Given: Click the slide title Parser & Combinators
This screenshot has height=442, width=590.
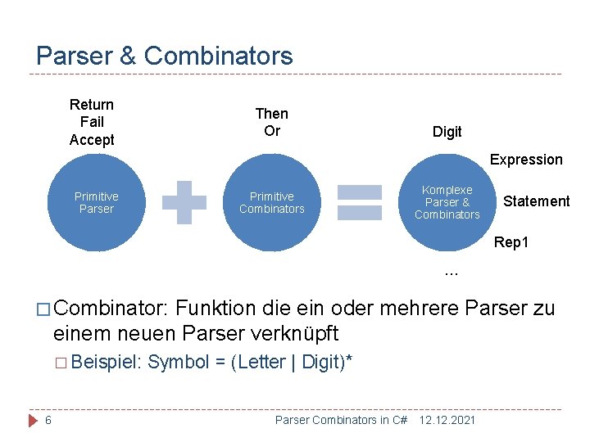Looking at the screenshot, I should point(165,56).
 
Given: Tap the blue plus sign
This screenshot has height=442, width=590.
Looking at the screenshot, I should point(184,202).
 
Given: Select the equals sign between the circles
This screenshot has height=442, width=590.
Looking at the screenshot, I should point(360,202).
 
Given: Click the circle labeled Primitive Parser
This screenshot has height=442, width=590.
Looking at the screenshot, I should point(96,202).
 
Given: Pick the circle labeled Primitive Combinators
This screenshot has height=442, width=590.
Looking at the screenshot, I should point(271,202).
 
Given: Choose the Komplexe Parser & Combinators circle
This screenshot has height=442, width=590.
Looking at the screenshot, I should point(447,202).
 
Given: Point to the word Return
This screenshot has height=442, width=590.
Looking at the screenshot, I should point(92,104).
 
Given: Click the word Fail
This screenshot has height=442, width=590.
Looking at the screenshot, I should point(92,122).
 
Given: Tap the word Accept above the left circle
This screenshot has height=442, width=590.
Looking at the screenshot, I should point(92,140).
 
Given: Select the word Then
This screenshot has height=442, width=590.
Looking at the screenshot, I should point(271,113).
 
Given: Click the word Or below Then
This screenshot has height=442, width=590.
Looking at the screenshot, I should point(271,131).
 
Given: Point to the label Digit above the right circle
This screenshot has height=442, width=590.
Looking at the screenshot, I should point(447,131).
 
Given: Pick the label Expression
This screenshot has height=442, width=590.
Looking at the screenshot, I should point(526,160).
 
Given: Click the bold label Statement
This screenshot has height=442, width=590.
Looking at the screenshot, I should point(536,201).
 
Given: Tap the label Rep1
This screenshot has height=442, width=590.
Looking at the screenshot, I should point(511,243).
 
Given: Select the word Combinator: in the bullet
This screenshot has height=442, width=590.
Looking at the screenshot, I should point(111,309).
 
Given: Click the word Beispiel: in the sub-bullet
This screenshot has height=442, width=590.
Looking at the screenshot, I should point(107,362).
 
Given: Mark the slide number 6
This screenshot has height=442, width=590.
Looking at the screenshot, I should point(49,420).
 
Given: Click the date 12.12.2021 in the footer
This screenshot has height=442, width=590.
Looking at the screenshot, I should point(447,420).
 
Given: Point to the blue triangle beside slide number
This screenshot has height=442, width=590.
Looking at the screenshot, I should point(33,420).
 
